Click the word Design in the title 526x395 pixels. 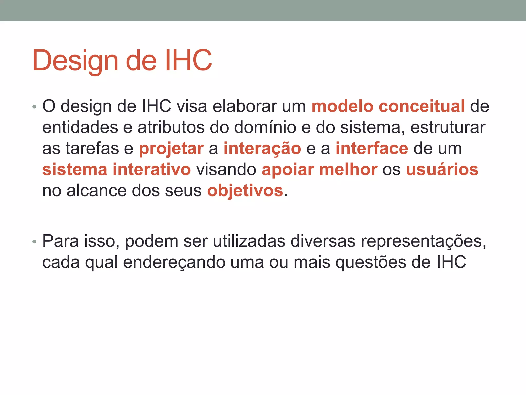[75, 61]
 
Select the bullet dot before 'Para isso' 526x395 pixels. [34, 242]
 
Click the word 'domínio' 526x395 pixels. [265, 127]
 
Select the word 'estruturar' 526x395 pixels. [448, 127]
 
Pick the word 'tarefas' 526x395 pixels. [92, 148]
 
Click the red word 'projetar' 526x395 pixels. [171, 149]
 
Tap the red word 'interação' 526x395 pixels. [262, 149]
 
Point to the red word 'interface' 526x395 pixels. [372, 148]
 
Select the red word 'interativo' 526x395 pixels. [152, 169]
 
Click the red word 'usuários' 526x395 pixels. [442, 169]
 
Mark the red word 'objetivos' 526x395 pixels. [245, 191]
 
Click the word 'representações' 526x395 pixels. [423, 242]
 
